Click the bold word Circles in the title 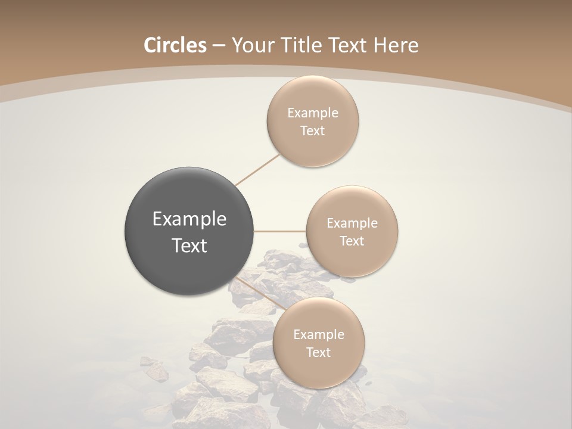pyautogui.click(x=175, y=45)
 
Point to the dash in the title pyautogui.click(x=219, y=46)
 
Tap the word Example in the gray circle pyautogui.click(x=189, y=219)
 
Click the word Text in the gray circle pyautogui.click(x=189, y=245)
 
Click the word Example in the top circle pyautogui.click(x=313, y=113)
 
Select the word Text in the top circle pyautogui.click(x=313, y=131)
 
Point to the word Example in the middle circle pyautogui.click(x=352, y=223)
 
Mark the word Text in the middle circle pyautogui.click(x=352, y=241)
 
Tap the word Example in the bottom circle pyautogui.click(x=319, y=335)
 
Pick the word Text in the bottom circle pyautogui.click(x=319, y=353)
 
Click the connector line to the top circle pyautogui.click(x=257, y=169)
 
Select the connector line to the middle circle pyautogui.click(x=280, y=231)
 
